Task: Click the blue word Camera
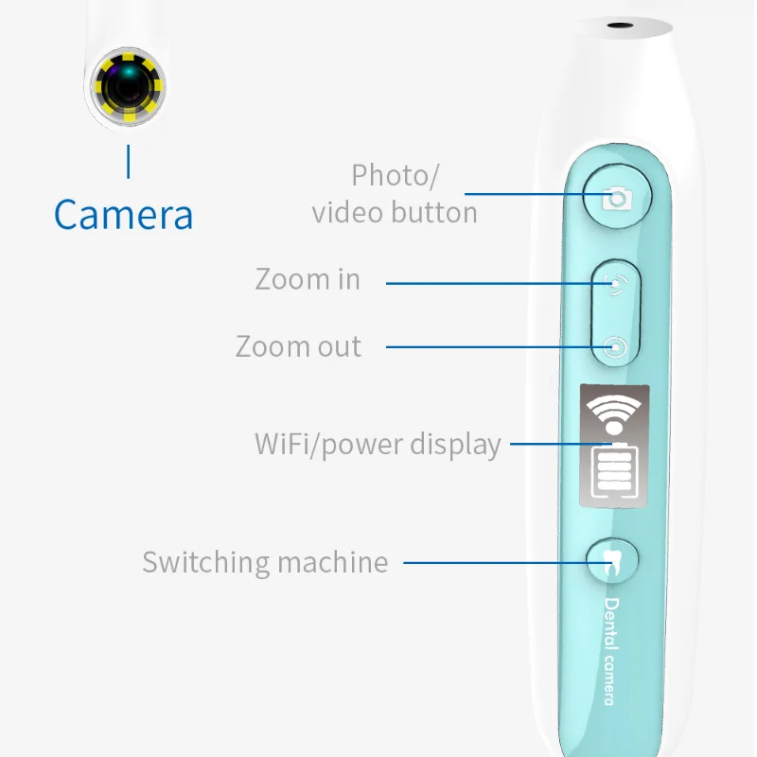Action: click(124, 215)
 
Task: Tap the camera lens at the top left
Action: click(130, 87)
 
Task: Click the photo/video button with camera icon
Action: click(618, 198)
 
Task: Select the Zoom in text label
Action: click(308, 280)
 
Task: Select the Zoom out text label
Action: click(298, 346)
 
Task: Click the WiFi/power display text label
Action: click(378, 444)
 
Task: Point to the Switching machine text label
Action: click(265, 562)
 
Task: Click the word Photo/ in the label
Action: click(395, 176)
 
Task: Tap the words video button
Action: click(395, 212)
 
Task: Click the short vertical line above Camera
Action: click(129, 161)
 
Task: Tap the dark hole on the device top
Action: click(621, 27)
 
